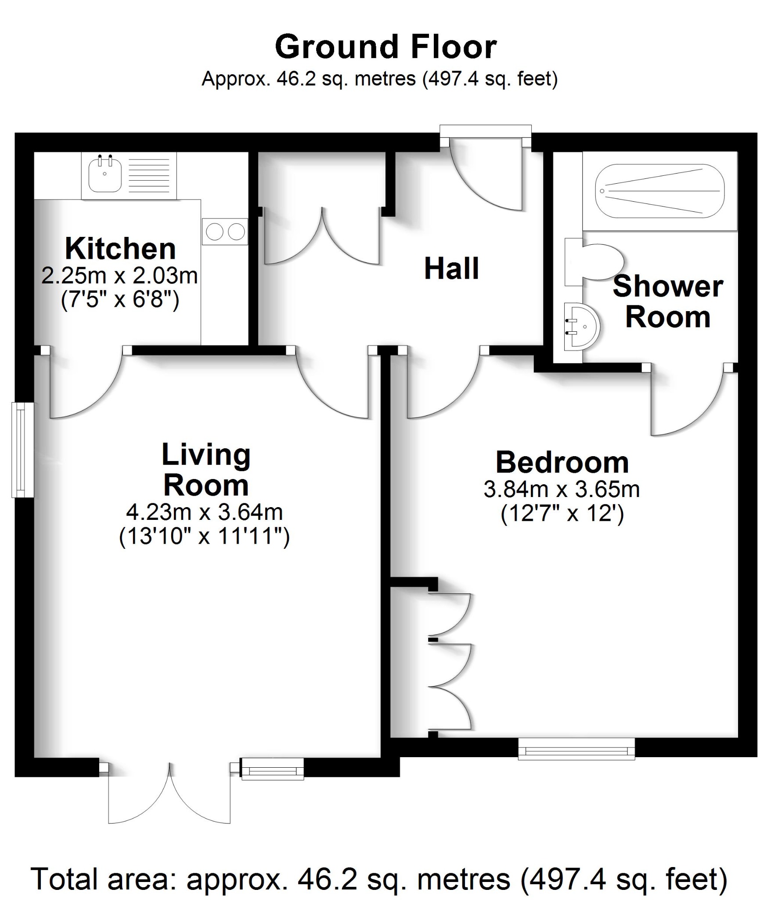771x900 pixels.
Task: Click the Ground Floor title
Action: coord(385,47)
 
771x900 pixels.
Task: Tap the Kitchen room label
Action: coord(120,249)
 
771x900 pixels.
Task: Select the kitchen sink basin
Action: coord(105,174)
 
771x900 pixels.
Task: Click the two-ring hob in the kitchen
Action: coord(225,232)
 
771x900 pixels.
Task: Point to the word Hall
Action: coord(451,269)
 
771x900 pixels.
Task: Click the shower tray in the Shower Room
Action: coord(659,191)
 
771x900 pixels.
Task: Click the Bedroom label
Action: coord(562,463)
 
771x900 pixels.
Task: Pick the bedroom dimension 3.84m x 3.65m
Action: coord(562,489)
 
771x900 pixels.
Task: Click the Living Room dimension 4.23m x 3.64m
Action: coord(205,512)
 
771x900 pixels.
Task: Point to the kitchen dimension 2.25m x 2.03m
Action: coord(119,276)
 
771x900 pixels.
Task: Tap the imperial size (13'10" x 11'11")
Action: coord(205,537)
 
